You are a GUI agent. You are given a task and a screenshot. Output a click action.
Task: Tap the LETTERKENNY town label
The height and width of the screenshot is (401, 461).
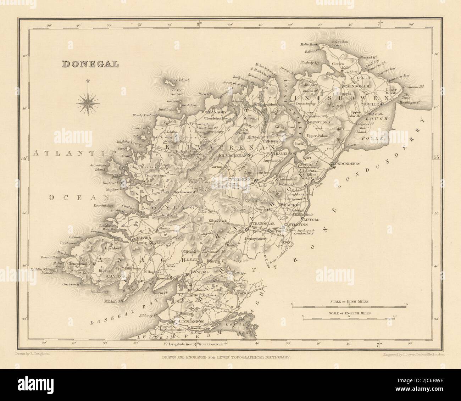click(x=238, y=179)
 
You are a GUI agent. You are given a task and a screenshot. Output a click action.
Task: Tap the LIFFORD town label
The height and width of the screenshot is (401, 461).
click(x=312, y=220)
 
